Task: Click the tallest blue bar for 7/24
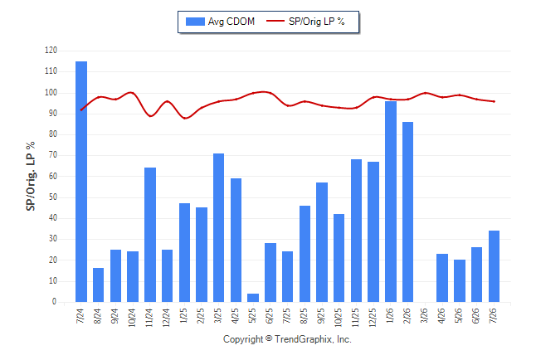81,182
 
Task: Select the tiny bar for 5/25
253,298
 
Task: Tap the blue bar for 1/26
391,202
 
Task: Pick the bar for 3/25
219,227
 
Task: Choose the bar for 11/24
150,235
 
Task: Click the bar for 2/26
408,212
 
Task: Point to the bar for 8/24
99,285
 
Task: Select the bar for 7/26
494,266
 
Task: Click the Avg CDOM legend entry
220,22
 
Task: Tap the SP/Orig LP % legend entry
305,22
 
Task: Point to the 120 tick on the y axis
51,51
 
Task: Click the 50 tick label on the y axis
53,197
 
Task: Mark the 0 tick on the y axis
55,302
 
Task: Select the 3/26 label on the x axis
425,315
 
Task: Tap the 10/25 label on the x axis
339,317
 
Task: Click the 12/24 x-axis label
167,317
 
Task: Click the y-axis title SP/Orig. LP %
31,176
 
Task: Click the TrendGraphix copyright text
287,339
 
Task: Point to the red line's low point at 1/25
184,119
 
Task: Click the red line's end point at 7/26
494,101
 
